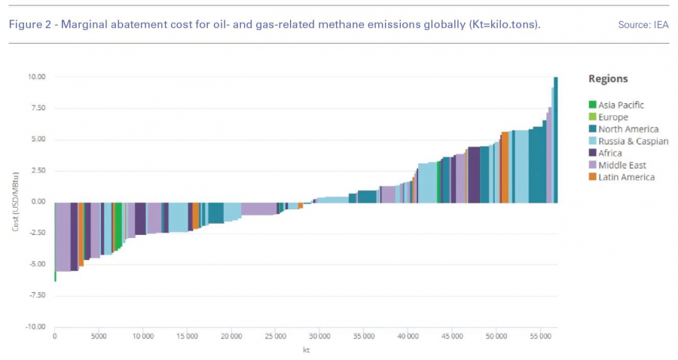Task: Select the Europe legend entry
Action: click(612, 117)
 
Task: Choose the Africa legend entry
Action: click(610, 154)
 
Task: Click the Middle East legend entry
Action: click(622, 165)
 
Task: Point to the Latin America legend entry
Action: click(626, 177)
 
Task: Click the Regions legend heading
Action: click(608, 79)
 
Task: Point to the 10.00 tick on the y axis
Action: click(37, 77)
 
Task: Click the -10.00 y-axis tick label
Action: click(35, 327)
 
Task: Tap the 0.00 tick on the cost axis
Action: click(38, 202)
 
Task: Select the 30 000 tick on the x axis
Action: click(319, 336)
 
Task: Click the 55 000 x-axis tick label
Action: click(540, 336)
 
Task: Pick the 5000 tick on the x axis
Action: click(99, 336)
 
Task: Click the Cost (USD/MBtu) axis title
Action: click(14, 202)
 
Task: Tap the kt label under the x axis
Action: click(307, 350)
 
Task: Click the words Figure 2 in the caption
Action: click(30, 25)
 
